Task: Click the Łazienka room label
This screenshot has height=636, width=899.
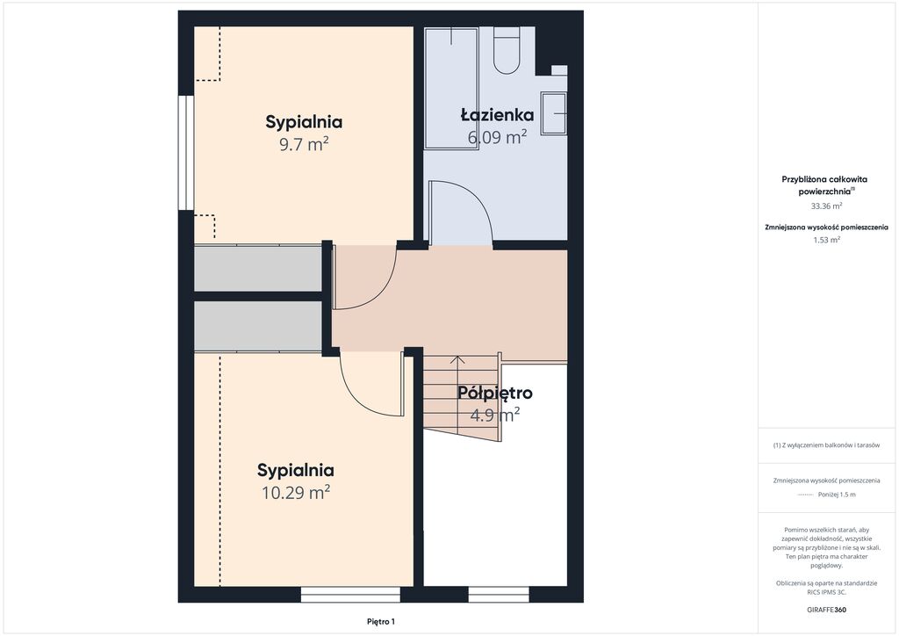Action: pyautogui.click(x=497, y=115)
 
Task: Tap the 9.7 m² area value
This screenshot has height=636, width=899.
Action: pyautogui.click(x=304, y=144)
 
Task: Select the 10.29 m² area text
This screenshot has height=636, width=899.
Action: pyautogui.click(x=296, y=492)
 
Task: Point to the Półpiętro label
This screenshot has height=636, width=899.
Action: pyautogui.click(x=495, y=393)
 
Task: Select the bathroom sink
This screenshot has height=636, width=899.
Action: pyautogui.click(x=554, y=113)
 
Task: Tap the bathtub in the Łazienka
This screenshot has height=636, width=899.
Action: pyautogui.click(x=451, y=88)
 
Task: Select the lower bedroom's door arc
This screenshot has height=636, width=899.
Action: pyautogui.click(x=356, y=395)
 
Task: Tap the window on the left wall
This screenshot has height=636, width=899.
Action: pyautogui.click(x=186, y=153)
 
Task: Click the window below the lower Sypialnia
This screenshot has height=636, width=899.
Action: pyautogui.click(x=350, y=594)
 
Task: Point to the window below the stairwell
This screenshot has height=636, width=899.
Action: pyautogui.click(x=499, y=594)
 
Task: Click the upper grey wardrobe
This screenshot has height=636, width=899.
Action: pyautogui.click(x=258, y=269)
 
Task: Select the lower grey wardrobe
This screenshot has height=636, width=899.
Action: pyautogui.click(x=258, y=326)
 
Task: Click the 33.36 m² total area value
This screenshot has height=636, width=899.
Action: pyautogui.click(x=826, y=206)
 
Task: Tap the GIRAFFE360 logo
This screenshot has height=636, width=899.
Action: pyautogui.click(x=826, y=610)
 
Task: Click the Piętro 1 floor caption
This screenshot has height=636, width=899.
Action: pyautogui.click(x=381, y=622)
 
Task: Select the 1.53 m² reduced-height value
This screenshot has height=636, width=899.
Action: pyautogui.click(x=826, y=240)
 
